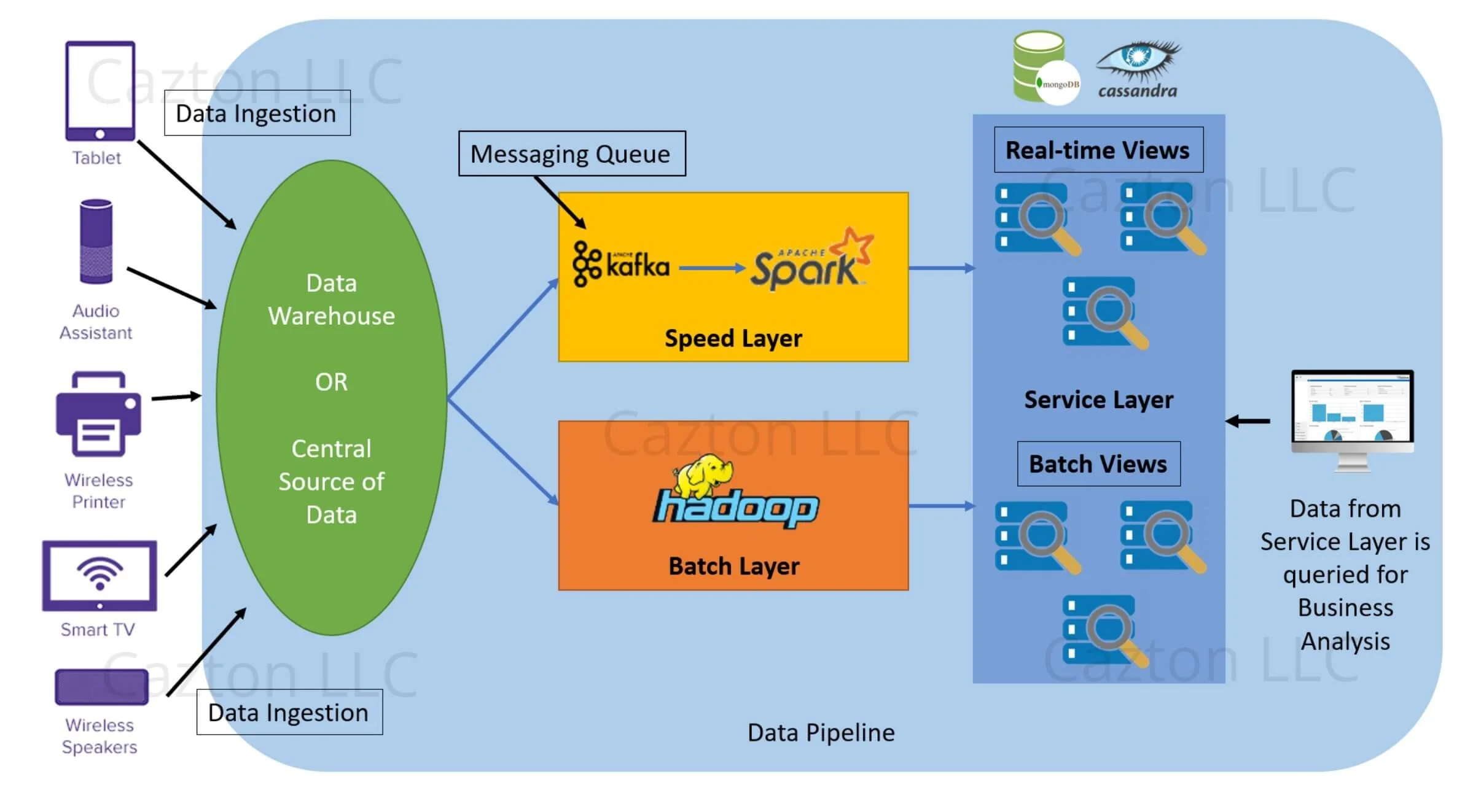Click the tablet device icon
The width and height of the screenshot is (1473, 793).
pos(100,91)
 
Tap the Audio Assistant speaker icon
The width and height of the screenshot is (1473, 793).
pos(96,241)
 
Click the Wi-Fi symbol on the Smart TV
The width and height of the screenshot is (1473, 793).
pos(100,573)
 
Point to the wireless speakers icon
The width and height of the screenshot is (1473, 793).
pos(101,687)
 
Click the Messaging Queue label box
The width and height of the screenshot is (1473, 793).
pos(571,153)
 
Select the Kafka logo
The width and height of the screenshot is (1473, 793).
pos(620,265)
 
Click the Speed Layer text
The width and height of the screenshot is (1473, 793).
pos(733,338)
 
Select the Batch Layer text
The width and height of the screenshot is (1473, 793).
pos(733,566)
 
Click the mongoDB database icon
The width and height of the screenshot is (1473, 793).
pos(1044,68)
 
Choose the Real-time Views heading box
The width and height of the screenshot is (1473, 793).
pos(1098,150)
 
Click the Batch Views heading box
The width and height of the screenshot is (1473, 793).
pos(1098,464)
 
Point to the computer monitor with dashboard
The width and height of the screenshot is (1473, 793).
pos(1352,417)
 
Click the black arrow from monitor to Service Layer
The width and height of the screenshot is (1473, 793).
pos(1248,421)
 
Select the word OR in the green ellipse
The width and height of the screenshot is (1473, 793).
pos(331,382)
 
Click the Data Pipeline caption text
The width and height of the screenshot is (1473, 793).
pos(821,732)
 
